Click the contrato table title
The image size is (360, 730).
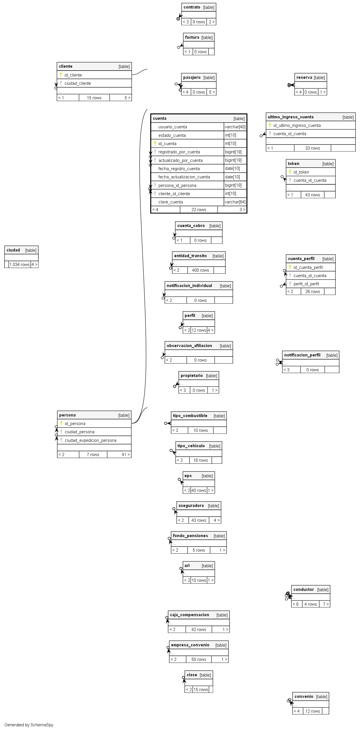click(192, 7)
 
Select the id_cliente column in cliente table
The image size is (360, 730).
click(73, 75)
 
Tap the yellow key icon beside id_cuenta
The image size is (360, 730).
click(155, 143)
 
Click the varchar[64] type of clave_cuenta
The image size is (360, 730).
click(235, 202)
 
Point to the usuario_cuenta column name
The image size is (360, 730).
click(172, 127)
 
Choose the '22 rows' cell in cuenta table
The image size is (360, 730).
click(199, 210)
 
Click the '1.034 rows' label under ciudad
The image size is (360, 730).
click(20, 265)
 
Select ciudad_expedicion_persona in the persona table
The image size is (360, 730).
click(90, 440)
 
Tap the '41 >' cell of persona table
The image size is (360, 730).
click(126, 455)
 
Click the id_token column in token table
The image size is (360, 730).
click(301, 172)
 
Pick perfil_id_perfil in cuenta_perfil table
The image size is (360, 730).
click(306, 284)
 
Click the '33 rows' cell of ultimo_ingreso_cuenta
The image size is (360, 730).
click(312, 148)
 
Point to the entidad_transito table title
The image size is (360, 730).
click(190, 256)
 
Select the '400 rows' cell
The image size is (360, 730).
click(200, 270)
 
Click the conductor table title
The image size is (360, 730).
click(304, 590)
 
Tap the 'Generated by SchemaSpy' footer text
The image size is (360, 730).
click(29, 725)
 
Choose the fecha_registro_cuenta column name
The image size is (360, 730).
click(179, 169)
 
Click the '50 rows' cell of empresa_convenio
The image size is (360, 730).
click(199, 659)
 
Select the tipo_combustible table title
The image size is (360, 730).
click(190, 416)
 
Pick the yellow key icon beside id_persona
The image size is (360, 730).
click(61, 423)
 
